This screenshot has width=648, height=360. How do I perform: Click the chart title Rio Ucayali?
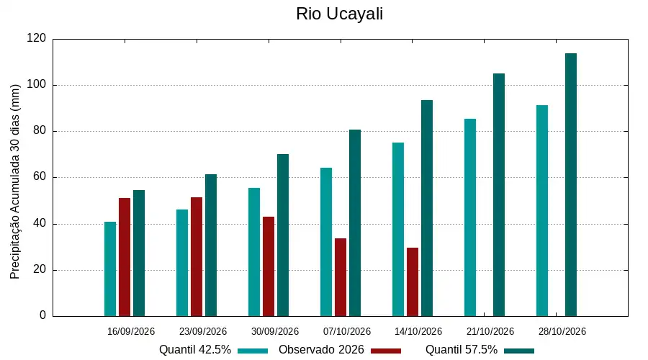click(339, 14)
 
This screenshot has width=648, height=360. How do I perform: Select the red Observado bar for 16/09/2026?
click(125, 257)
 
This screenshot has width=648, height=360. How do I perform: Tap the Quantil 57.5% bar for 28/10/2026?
click(571, 185)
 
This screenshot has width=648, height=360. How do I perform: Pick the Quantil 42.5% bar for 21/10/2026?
click(470, 218)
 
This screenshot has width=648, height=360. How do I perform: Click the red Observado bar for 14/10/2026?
click(413, 282)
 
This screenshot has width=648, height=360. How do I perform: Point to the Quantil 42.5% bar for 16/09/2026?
click(110, 269)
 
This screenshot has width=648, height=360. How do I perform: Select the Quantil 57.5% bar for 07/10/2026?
click(354, 223)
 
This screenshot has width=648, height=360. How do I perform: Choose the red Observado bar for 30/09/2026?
click(269, 266)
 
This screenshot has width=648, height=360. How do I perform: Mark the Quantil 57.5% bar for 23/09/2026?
click(211, 246)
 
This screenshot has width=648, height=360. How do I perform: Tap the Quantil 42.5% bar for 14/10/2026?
click(398, 230)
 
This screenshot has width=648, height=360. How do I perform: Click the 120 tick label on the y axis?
click(37, 38)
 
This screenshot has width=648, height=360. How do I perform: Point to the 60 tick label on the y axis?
click(40, 177)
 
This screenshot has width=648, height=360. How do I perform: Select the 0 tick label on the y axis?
click(42, 315)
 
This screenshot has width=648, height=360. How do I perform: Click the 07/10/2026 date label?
click(347, 331)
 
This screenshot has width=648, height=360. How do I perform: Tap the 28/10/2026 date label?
click(562, 331)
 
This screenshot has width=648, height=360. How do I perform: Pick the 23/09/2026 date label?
click(203, 331)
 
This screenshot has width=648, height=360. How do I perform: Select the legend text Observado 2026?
click(321, 350)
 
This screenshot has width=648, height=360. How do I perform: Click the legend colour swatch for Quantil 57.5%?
click(519, 351)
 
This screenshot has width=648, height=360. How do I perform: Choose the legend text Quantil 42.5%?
click(195, 350)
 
